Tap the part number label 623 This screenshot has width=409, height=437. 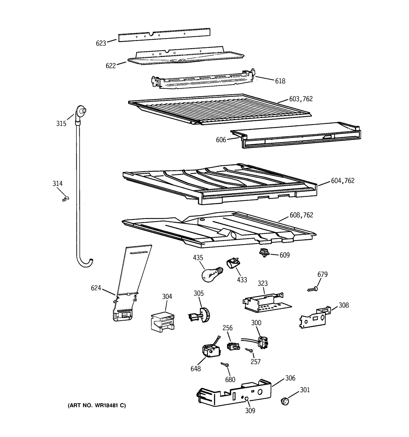(x=101, y=43)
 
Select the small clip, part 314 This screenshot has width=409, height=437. (x=66, y=198)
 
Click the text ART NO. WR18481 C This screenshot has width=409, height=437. (x=97, y=406)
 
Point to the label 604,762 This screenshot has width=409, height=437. (x=343, y=181)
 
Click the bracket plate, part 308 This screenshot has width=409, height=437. (x=314, y=318)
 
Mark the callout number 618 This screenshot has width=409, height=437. (x=280, y=81)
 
